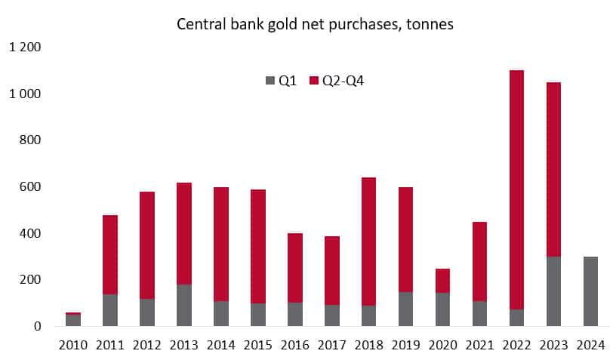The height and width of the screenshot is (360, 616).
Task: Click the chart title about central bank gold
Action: pos(316,24)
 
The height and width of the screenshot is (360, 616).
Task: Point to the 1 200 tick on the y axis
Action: pos(25,48)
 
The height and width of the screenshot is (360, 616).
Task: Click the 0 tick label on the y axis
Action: pos(36,326)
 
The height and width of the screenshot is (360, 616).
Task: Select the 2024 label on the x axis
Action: pos(590,346)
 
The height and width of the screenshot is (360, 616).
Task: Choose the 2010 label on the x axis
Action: pos(73,346)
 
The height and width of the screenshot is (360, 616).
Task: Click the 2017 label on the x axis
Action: pos(332,346)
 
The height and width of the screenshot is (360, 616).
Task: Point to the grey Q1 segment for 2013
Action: pos(184,306)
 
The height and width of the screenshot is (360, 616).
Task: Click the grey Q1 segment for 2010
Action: pos(73,321)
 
